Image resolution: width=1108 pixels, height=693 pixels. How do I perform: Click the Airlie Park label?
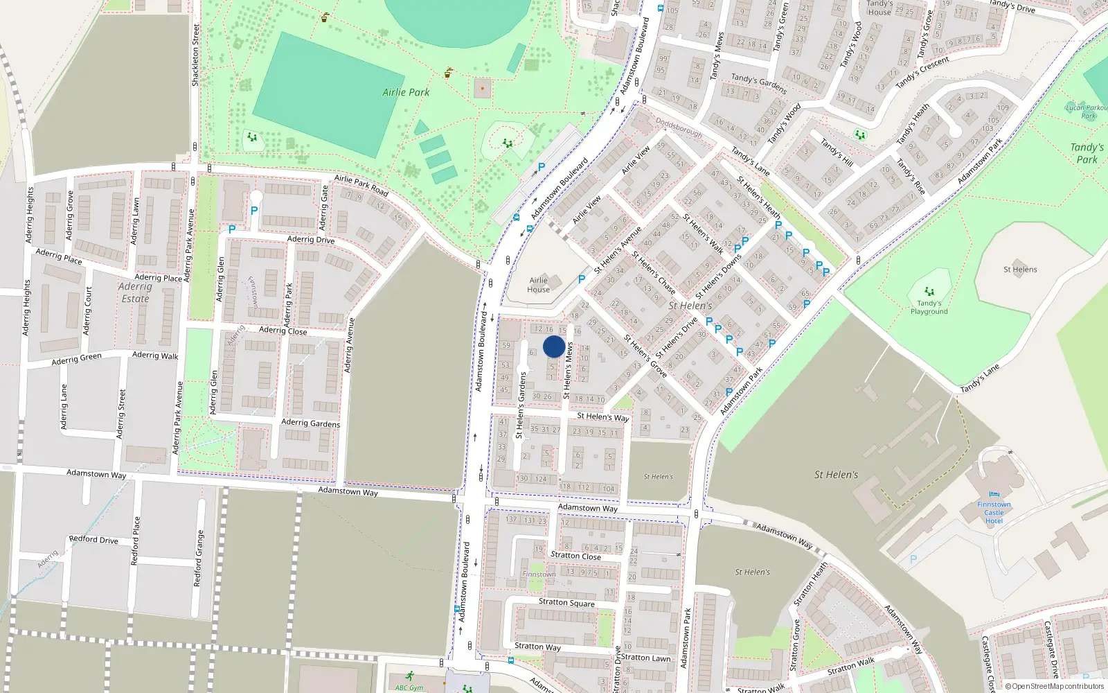pos(406,92)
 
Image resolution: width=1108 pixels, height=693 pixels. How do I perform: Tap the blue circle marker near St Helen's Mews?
pos(554,347)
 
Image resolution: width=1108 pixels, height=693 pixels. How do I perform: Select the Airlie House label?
pos(538,285)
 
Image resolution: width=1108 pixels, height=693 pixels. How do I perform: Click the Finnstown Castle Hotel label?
pos(994,513)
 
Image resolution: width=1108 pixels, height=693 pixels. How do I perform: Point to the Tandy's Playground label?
pos(929,307)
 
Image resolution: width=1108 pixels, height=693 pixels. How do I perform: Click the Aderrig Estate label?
pos(135,292)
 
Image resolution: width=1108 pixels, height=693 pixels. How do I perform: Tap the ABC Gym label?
pos(409,687)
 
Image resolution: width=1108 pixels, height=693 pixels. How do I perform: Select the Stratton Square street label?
pos(566,602)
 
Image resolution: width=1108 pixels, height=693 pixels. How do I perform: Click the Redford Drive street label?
pos(93,539)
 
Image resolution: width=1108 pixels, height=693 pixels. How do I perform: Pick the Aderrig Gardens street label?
pos(310,423)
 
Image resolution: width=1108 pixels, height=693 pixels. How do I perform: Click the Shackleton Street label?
pos(195,55)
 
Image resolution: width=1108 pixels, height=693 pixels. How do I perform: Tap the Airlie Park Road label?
pos(361,184)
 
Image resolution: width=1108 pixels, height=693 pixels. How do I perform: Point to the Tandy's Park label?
pos(1087,153)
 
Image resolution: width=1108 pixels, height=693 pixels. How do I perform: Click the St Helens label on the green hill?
pos(1020,270)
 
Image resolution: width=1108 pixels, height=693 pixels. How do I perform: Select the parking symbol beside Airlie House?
pos(582,279)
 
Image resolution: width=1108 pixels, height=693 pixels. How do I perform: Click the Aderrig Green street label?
pos(76,359)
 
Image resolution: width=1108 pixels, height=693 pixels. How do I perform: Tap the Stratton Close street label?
pos(575,555)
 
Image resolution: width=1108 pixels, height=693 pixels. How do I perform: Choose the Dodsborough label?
pos(679,128)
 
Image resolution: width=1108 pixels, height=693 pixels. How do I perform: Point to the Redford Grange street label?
pos(199,559)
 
